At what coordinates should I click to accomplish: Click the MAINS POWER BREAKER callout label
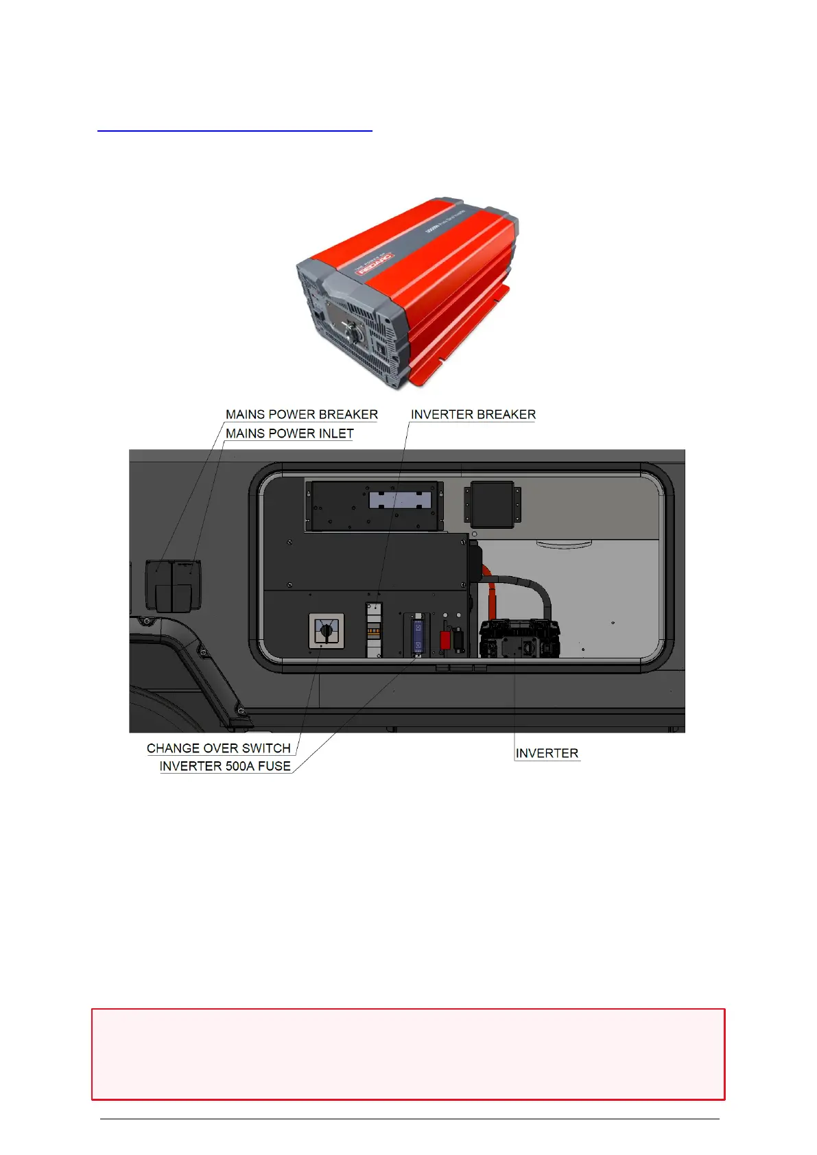(301, 414)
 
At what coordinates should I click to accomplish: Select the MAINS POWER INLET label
(289, 433)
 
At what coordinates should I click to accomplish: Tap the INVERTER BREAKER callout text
(473, 414)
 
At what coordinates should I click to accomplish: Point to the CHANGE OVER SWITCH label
(218, 748)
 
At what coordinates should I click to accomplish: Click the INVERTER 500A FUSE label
(225, 766)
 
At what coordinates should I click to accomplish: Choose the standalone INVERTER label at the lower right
(547, 753)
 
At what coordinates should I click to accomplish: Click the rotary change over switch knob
(327, 630)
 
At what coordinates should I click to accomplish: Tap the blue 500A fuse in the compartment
(418, 635)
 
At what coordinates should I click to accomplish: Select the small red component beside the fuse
(445, 640)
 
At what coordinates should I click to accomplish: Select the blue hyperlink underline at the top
(235, 130)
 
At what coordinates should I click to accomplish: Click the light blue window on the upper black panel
(400, 499)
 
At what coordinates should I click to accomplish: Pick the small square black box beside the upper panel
(492, 504)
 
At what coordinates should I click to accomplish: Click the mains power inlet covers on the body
(174, 584)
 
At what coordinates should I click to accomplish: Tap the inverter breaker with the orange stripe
(373, 630)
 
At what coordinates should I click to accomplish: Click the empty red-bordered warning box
(408, 1053)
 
